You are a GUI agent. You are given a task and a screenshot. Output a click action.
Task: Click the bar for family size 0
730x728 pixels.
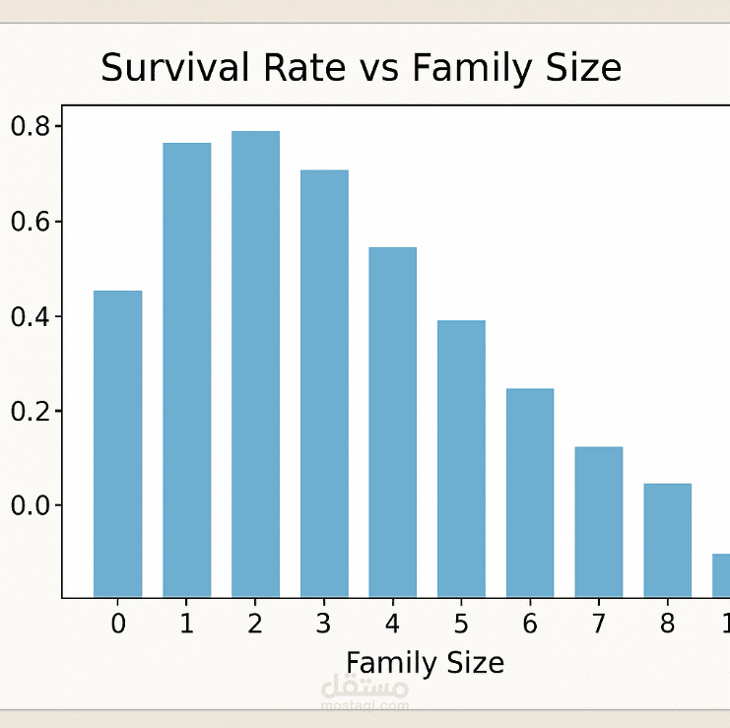[x=118, y=444]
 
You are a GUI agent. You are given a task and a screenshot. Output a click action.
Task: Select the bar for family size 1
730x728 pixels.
[x=187, y=370]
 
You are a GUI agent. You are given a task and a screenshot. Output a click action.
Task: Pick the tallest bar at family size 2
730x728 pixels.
[x=255, y=364]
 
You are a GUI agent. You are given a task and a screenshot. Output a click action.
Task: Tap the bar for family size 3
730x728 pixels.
[x=324, y=383]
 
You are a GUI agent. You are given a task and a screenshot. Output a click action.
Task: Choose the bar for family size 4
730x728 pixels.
[x=393, y=423]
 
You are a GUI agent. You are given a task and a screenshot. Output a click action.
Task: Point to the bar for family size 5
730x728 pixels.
[x=461, y=459]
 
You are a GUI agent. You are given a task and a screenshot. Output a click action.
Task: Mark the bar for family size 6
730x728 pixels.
[x=530, y=493]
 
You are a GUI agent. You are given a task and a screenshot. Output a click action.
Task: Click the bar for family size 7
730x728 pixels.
[x=599, y=522]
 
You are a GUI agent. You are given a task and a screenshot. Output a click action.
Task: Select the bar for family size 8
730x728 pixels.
[x=668, y=541]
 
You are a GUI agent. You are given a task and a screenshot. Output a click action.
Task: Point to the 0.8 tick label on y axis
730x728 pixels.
[x=31, y=127]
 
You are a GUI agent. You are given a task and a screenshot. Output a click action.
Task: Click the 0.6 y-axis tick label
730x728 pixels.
[x=31, y=222]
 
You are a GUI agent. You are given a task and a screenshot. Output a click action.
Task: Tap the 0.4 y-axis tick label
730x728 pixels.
[x=31, y=316]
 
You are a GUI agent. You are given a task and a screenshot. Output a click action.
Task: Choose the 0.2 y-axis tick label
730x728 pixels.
[x=31, y=412]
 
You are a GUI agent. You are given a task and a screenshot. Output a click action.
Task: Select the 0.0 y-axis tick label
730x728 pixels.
[x=31, y=505]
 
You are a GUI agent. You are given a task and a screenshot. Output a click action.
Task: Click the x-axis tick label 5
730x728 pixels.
[x=461, y=624]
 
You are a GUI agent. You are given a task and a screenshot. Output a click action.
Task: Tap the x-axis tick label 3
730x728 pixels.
[x=323, y=624]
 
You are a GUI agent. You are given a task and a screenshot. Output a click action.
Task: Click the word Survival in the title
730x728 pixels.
[x=175, y=68]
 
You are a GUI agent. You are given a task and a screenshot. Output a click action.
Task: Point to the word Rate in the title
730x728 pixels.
[x=304, y=68]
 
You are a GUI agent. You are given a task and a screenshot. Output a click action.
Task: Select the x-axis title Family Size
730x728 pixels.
[x=425, y=663]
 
